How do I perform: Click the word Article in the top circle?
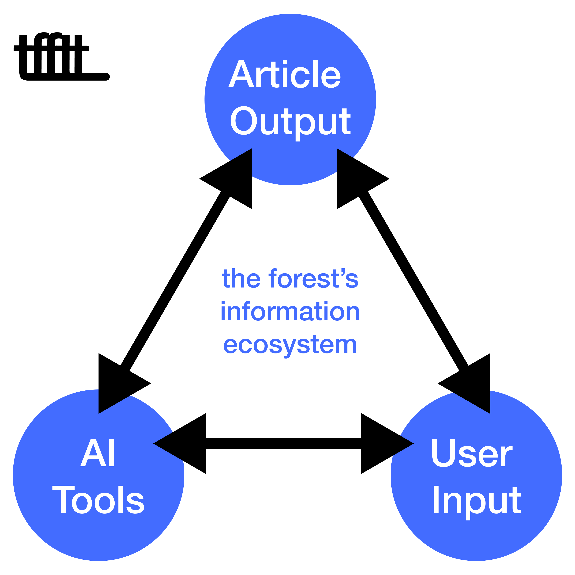(x=284, y=74)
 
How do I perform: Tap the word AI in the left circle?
(x=97, y=453)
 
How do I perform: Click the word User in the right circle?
(x=472, y=453)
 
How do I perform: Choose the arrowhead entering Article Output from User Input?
(x=354, y=179)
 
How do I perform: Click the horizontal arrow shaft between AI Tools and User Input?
(x=283, y=444)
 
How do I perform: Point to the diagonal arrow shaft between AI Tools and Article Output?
(x=176, y=280)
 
